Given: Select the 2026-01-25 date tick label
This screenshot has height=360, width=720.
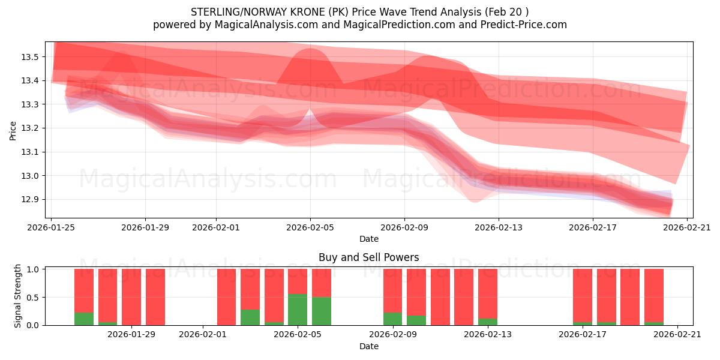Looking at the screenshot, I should [x=51, y=227].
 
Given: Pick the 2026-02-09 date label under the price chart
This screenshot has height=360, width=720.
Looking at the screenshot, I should [x=404, y=227].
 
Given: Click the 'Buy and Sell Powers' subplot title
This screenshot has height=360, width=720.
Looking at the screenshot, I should [x=368, y=257].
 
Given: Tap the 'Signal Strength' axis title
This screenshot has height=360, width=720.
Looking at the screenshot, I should [x=18, y=296].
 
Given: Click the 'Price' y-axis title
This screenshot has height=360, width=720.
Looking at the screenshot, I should [x=13, y=130].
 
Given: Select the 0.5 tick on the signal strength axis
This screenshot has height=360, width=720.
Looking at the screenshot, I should [x=33, y=298].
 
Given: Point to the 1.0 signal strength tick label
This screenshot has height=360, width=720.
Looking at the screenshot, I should [x=33, y=269].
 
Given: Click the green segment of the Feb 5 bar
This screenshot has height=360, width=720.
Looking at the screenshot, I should [x=298, y=310].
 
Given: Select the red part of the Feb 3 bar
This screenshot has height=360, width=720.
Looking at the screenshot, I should [x=250, y=289].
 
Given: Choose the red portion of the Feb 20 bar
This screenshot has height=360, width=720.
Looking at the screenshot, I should [x=654, y=295].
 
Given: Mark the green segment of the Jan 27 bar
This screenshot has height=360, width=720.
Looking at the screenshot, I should [x=84, y=319].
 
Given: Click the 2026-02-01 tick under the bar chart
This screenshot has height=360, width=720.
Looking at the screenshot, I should [x=203, y=334].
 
